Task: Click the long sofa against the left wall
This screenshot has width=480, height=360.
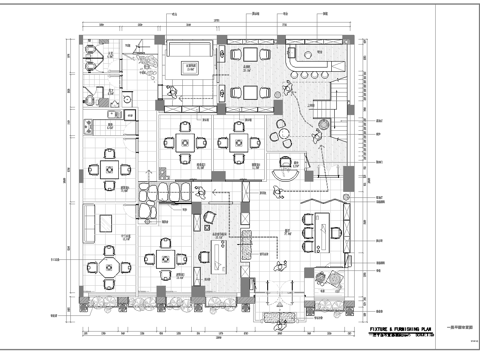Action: (90, 222)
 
